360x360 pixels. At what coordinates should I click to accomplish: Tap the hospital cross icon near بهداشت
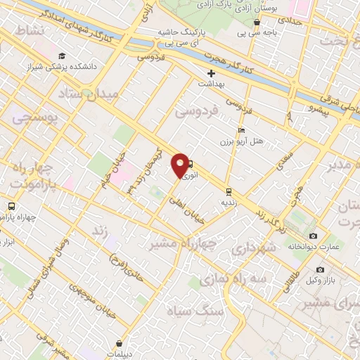coord(210,74)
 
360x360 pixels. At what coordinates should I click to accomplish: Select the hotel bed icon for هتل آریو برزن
coord(242,130)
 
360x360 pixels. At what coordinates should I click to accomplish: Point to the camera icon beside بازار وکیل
coord(321,269)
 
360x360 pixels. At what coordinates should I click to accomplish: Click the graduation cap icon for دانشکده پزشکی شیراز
coord(62,56)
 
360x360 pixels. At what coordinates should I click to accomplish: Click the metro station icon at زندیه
coord(229,191)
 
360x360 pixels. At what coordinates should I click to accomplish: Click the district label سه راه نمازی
coord(233,279)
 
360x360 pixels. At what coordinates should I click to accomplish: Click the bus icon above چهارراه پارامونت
coord(11,206)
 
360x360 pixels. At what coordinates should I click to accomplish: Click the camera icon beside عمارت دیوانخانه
coord(313,236)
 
